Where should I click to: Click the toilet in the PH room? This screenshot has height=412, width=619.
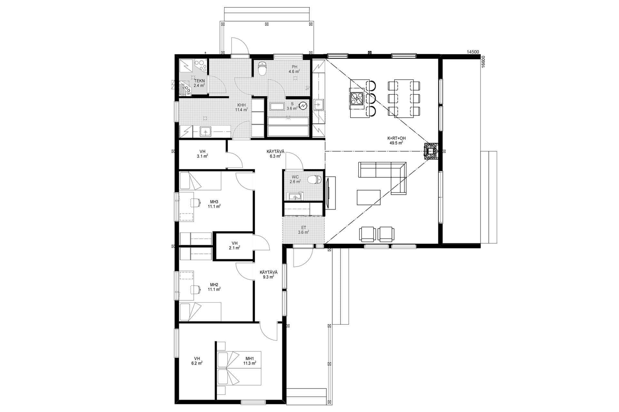pos(262,68)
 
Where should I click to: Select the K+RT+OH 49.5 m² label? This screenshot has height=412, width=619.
pos(396,140)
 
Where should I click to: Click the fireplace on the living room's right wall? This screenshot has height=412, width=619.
pos(431,151)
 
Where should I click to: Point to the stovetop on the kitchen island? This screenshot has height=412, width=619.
pos(357,99)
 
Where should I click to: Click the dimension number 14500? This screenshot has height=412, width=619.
pos(473,52)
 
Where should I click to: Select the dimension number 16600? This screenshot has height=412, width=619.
pos(483,61)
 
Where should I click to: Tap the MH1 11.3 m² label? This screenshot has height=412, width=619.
pos(250,361)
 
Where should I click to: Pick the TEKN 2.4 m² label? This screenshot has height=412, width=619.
pos(199,83)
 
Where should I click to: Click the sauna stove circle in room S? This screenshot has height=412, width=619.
pos(303,106)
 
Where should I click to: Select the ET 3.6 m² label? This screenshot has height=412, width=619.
pos(303,230)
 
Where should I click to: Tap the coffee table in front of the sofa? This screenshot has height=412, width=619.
pos(369,197)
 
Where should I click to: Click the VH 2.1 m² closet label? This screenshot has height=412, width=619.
pos(234,245)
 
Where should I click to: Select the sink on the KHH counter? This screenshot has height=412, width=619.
pos(205,131)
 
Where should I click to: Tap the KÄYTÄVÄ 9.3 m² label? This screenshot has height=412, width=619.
pos(269,274)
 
